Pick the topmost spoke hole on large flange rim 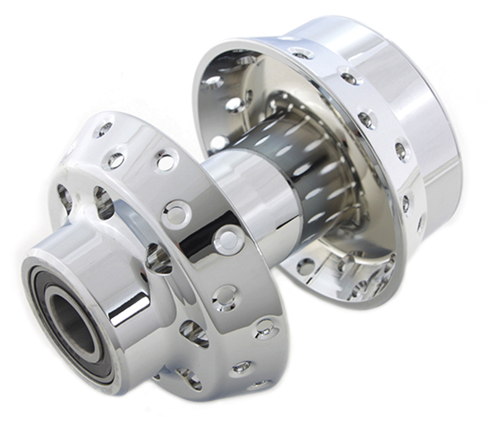tap(301, 54)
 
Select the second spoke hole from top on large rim tap(349, 77)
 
